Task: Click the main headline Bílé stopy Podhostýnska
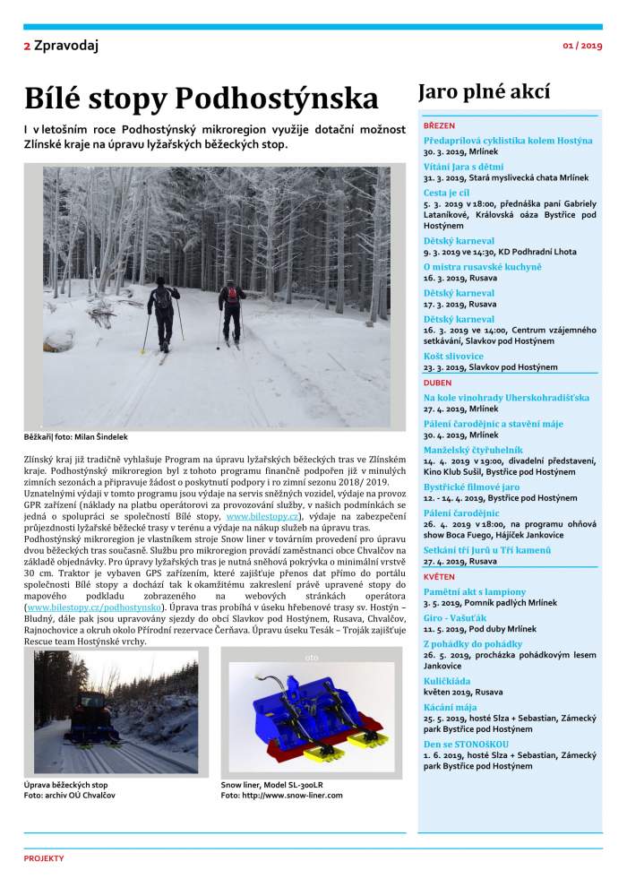click(202, 97)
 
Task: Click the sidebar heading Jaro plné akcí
click(484, 92)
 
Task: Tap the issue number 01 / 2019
click(582, 45)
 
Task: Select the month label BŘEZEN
click(439, 126)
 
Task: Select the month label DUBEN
click(438, 383)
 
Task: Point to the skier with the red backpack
click(232, 309)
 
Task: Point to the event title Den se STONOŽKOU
click(466, 744)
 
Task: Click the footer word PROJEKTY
click(44, 858)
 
